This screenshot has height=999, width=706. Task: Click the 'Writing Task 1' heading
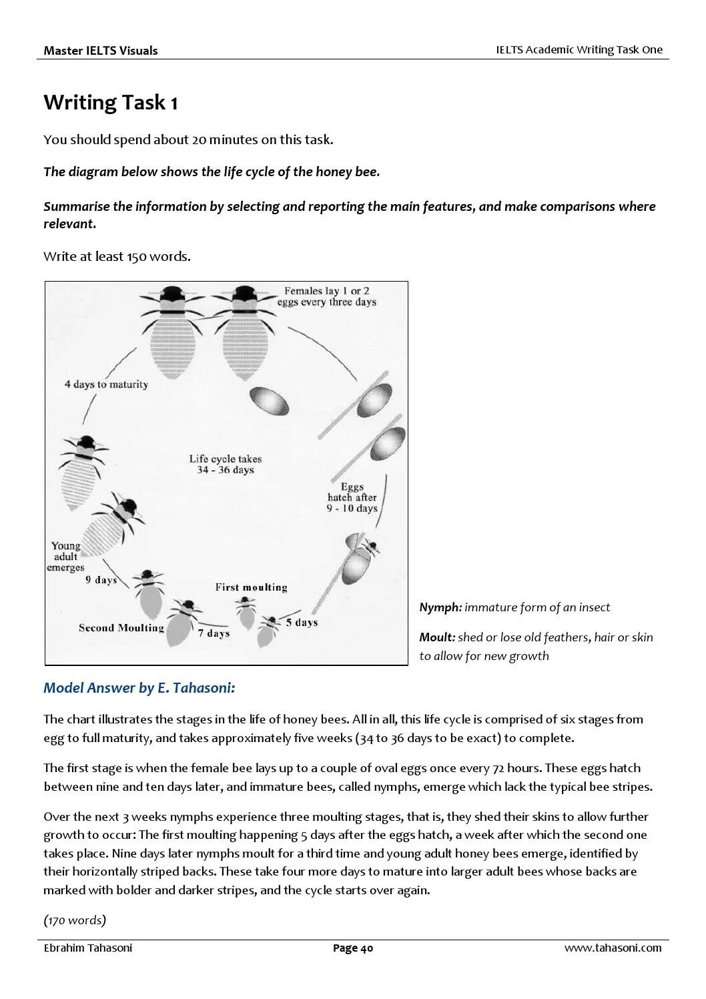coord(111,103)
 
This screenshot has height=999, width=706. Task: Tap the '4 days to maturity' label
coord(106,384)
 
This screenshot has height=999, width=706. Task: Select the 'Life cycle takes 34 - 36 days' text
coord(226,464)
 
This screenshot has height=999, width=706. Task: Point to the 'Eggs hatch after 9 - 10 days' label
coord(352,498)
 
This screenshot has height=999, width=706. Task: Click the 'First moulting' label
coord(251,587)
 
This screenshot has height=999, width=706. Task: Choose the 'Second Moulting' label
coord(121,628)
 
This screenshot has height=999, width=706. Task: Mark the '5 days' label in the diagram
coord(302,623)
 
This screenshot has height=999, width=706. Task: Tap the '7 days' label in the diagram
coord(214,633)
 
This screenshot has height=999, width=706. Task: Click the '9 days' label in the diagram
coord(101,580)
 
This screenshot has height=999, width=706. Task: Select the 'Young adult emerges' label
coord(65,557)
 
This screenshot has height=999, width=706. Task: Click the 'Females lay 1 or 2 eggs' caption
coord(327,296)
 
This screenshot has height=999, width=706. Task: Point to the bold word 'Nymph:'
coord(440,607)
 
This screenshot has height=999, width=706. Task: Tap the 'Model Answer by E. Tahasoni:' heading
coord(139,688)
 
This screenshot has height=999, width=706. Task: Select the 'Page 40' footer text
coord(353,948)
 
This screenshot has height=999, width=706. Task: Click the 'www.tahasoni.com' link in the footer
coord(613,948)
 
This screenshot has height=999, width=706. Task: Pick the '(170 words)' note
coord(75,920)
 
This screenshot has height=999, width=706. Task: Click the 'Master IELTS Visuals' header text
coord(101,51)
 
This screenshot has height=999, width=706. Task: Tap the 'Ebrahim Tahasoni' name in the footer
coord(87,948)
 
